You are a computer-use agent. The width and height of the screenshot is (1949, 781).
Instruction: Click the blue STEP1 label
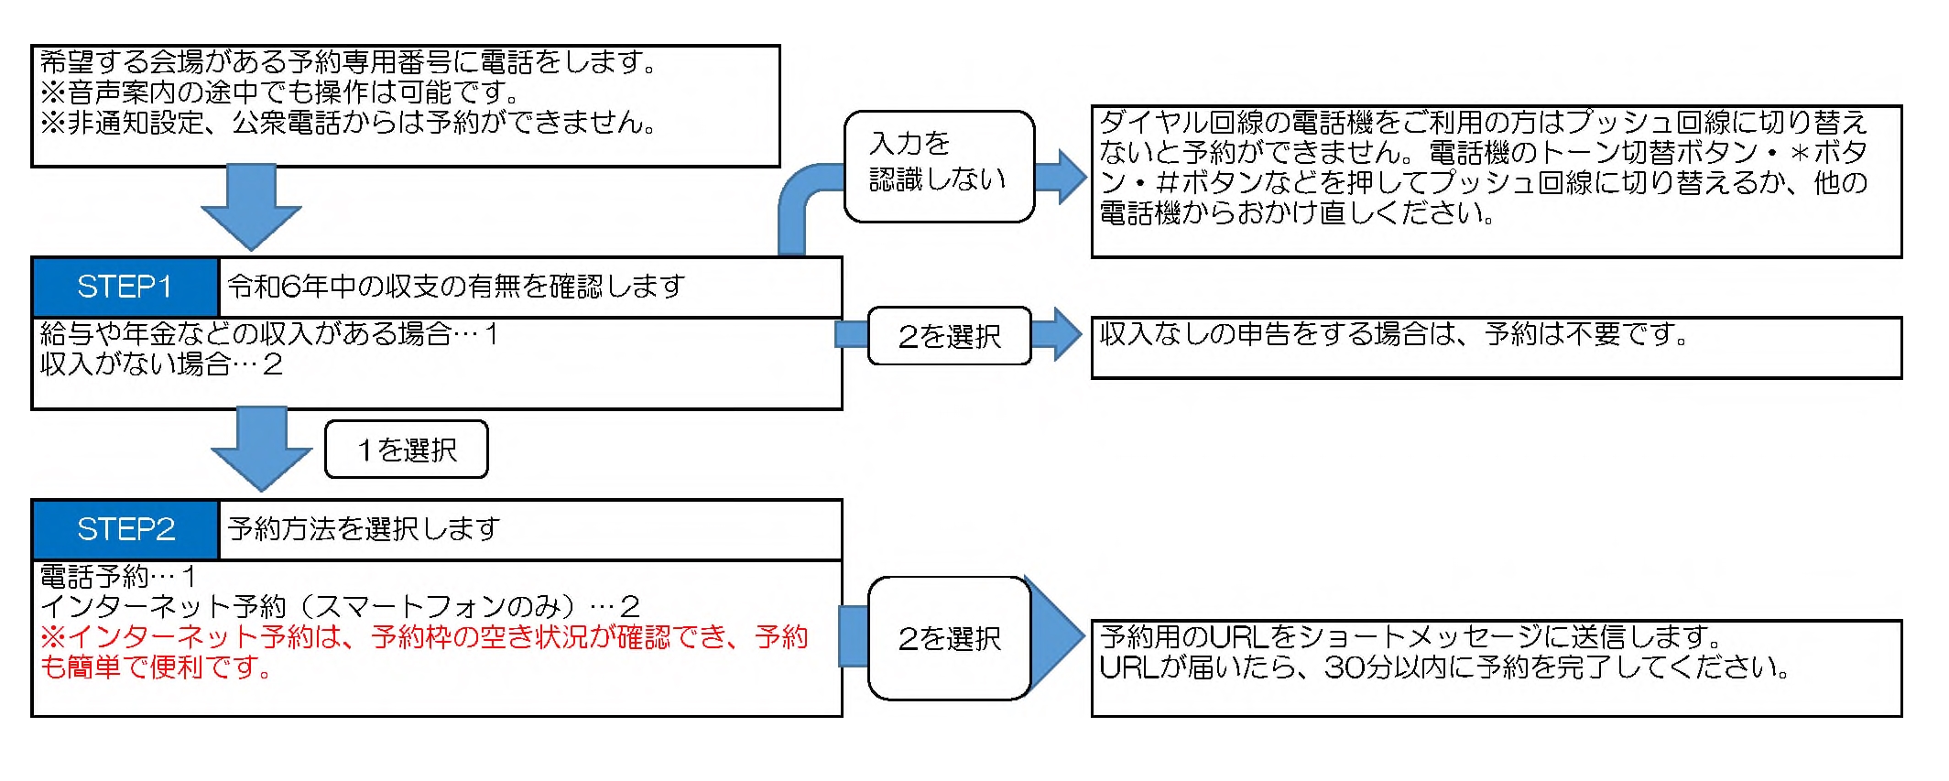tap(125, 287)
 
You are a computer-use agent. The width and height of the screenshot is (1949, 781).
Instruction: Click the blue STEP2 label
tap(125, 529)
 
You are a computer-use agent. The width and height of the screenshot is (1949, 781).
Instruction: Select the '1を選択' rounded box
tap(407, 450)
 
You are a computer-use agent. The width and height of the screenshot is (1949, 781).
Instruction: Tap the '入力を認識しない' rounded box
tap(939, 166)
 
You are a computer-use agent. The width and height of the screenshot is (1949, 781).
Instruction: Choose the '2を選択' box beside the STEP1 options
tap(949, 336)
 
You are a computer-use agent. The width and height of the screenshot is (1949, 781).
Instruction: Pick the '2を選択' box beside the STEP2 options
tap(949, 638)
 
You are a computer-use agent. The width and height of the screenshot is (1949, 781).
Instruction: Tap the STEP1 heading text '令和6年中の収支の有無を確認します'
tap(456, 287)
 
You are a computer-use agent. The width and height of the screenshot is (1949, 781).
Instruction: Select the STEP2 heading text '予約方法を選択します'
tap(364, 529)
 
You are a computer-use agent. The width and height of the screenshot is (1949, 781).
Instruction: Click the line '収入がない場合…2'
tap(161, 364)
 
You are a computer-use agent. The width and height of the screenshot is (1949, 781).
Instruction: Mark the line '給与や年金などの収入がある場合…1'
tap(268, 334)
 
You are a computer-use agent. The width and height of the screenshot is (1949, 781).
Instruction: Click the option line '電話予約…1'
tap(118, 577)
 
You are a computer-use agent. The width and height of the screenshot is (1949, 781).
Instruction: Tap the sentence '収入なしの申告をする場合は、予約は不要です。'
tap(1393, 335)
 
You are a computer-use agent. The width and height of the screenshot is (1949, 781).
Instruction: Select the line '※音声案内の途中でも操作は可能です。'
tap(279, 92)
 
